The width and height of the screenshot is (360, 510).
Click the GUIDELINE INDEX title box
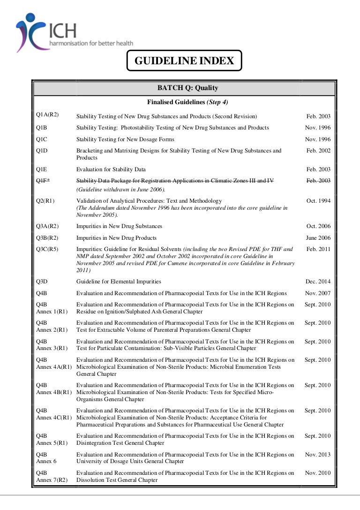[x=184, y=61]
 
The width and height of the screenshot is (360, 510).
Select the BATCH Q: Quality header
[x=187, y=88]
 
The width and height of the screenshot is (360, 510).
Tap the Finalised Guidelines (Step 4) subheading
[x=187, y=102]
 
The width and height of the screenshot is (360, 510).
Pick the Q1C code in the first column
[x=42, y=139]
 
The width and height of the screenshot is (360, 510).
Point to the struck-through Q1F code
[x=43, y=181]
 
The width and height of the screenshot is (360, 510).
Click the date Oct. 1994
[x=318, y=201]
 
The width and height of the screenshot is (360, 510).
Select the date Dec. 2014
[x=318, y=282]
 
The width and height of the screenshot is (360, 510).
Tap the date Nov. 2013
[x=318, y=455]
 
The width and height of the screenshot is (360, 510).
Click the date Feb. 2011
[x=318, y=249]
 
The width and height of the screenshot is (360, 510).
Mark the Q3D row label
[x=42, y=282]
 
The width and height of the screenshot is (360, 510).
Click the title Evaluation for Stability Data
[x=111, y=169]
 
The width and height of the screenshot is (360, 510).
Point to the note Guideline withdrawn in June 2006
[x=121, y=190]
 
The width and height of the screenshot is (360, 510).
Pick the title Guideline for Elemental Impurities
[x=119, y=282]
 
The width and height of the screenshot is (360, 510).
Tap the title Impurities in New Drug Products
[x=116, y=238]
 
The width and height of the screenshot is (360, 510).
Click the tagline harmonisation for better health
[x=91, y=43]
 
